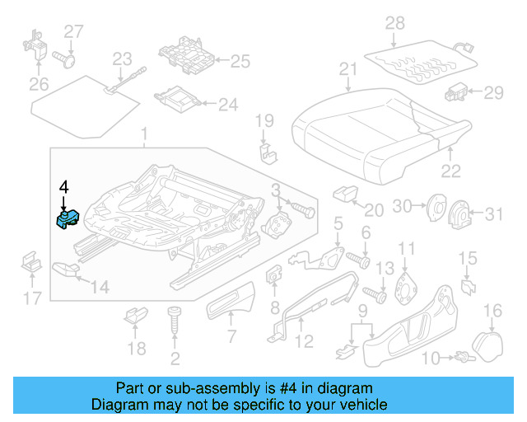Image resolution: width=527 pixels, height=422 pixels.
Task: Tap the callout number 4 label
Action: coord(63,188)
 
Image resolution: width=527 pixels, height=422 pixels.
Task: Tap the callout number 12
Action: coord(304,340)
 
